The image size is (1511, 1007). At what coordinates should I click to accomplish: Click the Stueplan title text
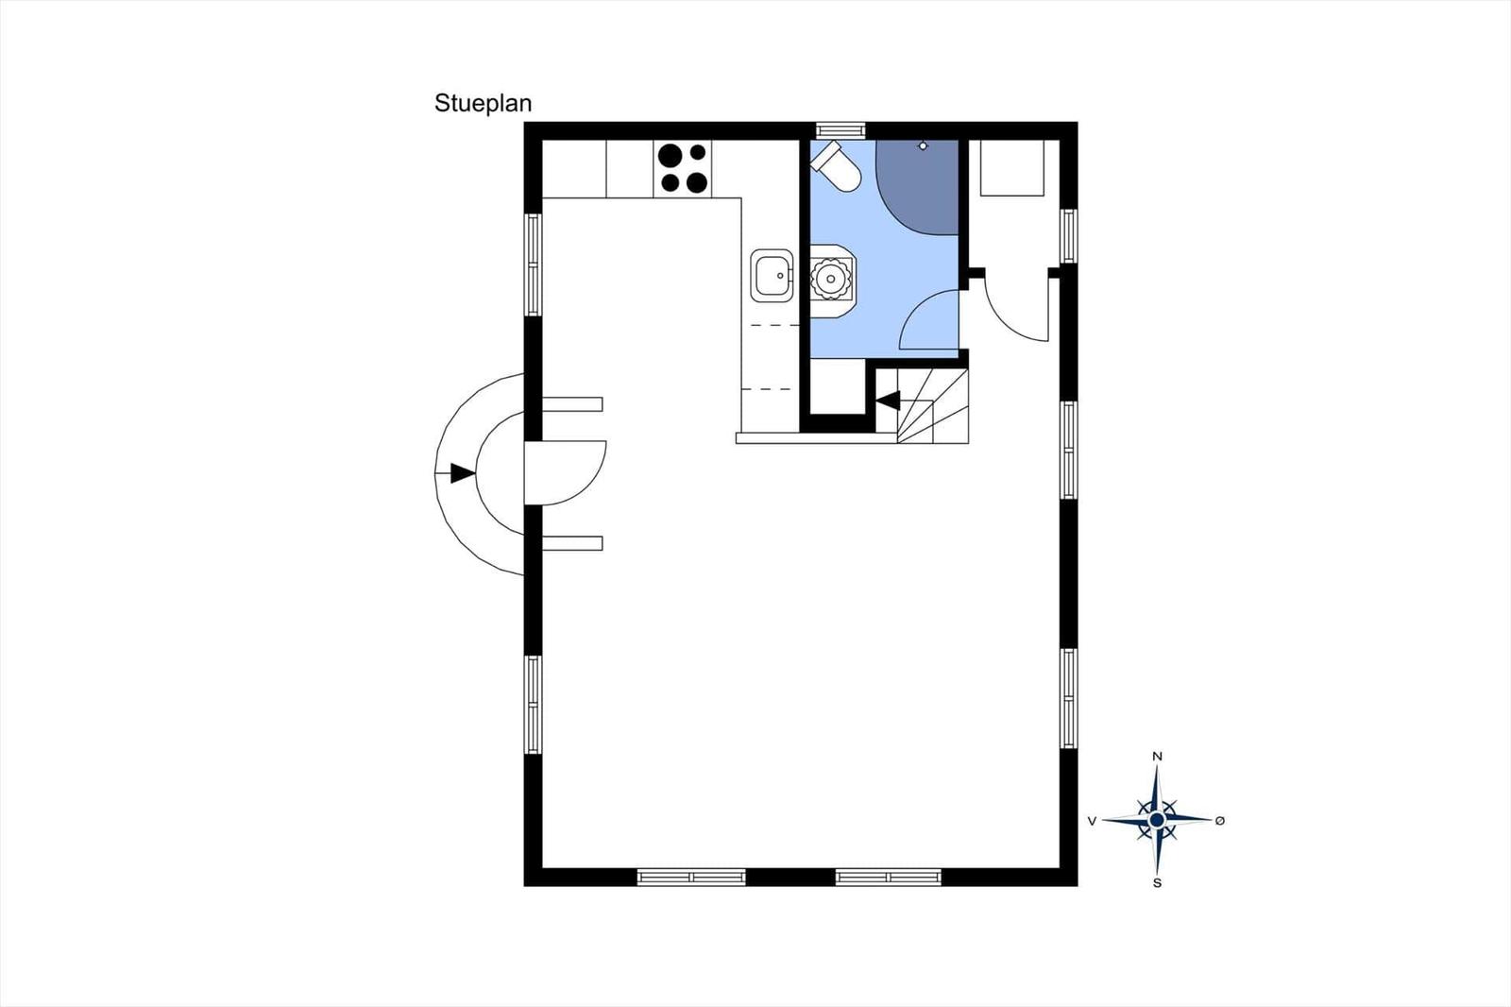pos(483,103)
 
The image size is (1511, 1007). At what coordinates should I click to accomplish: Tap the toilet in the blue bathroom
pos(837,166)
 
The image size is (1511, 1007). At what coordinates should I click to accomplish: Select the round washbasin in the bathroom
pos(830,278)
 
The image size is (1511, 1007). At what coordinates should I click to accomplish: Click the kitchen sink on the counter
pos(772,276)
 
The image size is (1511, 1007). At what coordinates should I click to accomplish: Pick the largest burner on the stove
pos(670,155)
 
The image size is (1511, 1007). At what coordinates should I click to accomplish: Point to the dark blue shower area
pos(917,187)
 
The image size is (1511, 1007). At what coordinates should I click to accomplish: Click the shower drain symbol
pos(923,145)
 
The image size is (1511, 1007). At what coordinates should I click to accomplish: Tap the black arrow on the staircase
pos(888,401)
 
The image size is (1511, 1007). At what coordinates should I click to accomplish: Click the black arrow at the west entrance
pos(463,473)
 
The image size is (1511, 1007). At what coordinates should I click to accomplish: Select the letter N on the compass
pos(1157,757)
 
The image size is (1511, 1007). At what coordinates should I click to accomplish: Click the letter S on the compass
pos(1157,883)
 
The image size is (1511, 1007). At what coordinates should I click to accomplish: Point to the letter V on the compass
pos(1092,821)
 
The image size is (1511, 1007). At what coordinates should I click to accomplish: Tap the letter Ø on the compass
pos(1219,821)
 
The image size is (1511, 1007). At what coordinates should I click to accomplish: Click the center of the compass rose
pos(1157,820)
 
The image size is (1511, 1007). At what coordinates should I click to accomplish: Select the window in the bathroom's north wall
pos(840,130)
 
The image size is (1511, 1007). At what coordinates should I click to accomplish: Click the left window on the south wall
pos(691,877)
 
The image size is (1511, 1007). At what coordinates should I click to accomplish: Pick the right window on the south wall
pos(889,877)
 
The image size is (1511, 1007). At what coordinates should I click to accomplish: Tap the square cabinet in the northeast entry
pos(1011,168)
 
